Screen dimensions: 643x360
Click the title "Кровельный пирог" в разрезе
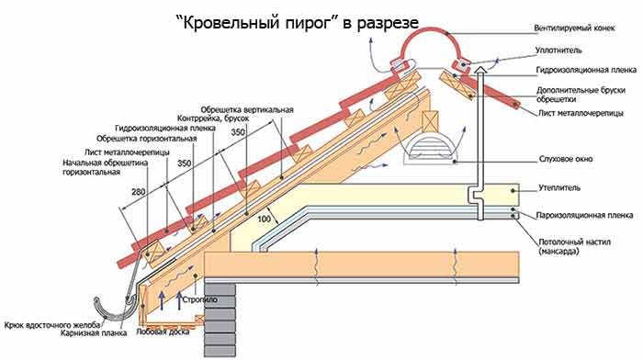click(x=297, y=23)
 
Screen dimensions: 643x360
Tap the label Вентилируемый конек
click(x=574, y=28)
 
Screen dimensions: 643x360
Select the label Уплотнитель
click(x=558, y=51)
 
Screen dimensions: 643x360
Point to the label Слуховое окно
click(x=566, y=159)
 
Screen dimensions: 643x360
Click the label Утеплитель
click(x=559, y=187)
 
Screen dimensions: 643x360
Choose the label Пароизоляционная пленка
click(x=584, y=215)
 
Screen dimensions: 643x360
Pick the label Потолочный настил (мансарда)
click(x=569, y=246)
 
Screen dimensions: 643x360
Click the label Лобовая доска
click(x=163, y=332)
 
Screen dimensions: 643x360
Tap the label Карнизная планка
click(x=94, y=333)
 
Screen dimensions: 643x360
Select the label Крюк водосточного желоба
click(x=52, y=325)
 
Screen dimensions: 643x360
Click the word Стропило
click(x=200, y=299)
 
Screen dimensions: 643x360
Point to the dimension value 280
click(x=138, y=192)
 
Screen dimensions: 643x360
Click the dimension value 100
click(x=264, y=219)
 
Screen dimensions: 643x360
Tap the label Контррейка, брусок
click(x=213, y=118)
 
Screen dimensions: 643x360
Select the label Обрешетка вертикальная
click(x=247, y=110)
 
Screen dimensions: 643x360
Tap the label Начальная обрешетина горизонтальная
click(x=105, y=167)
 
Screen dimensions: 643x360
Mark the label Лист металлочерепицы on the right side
click(x=581, y=113)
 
